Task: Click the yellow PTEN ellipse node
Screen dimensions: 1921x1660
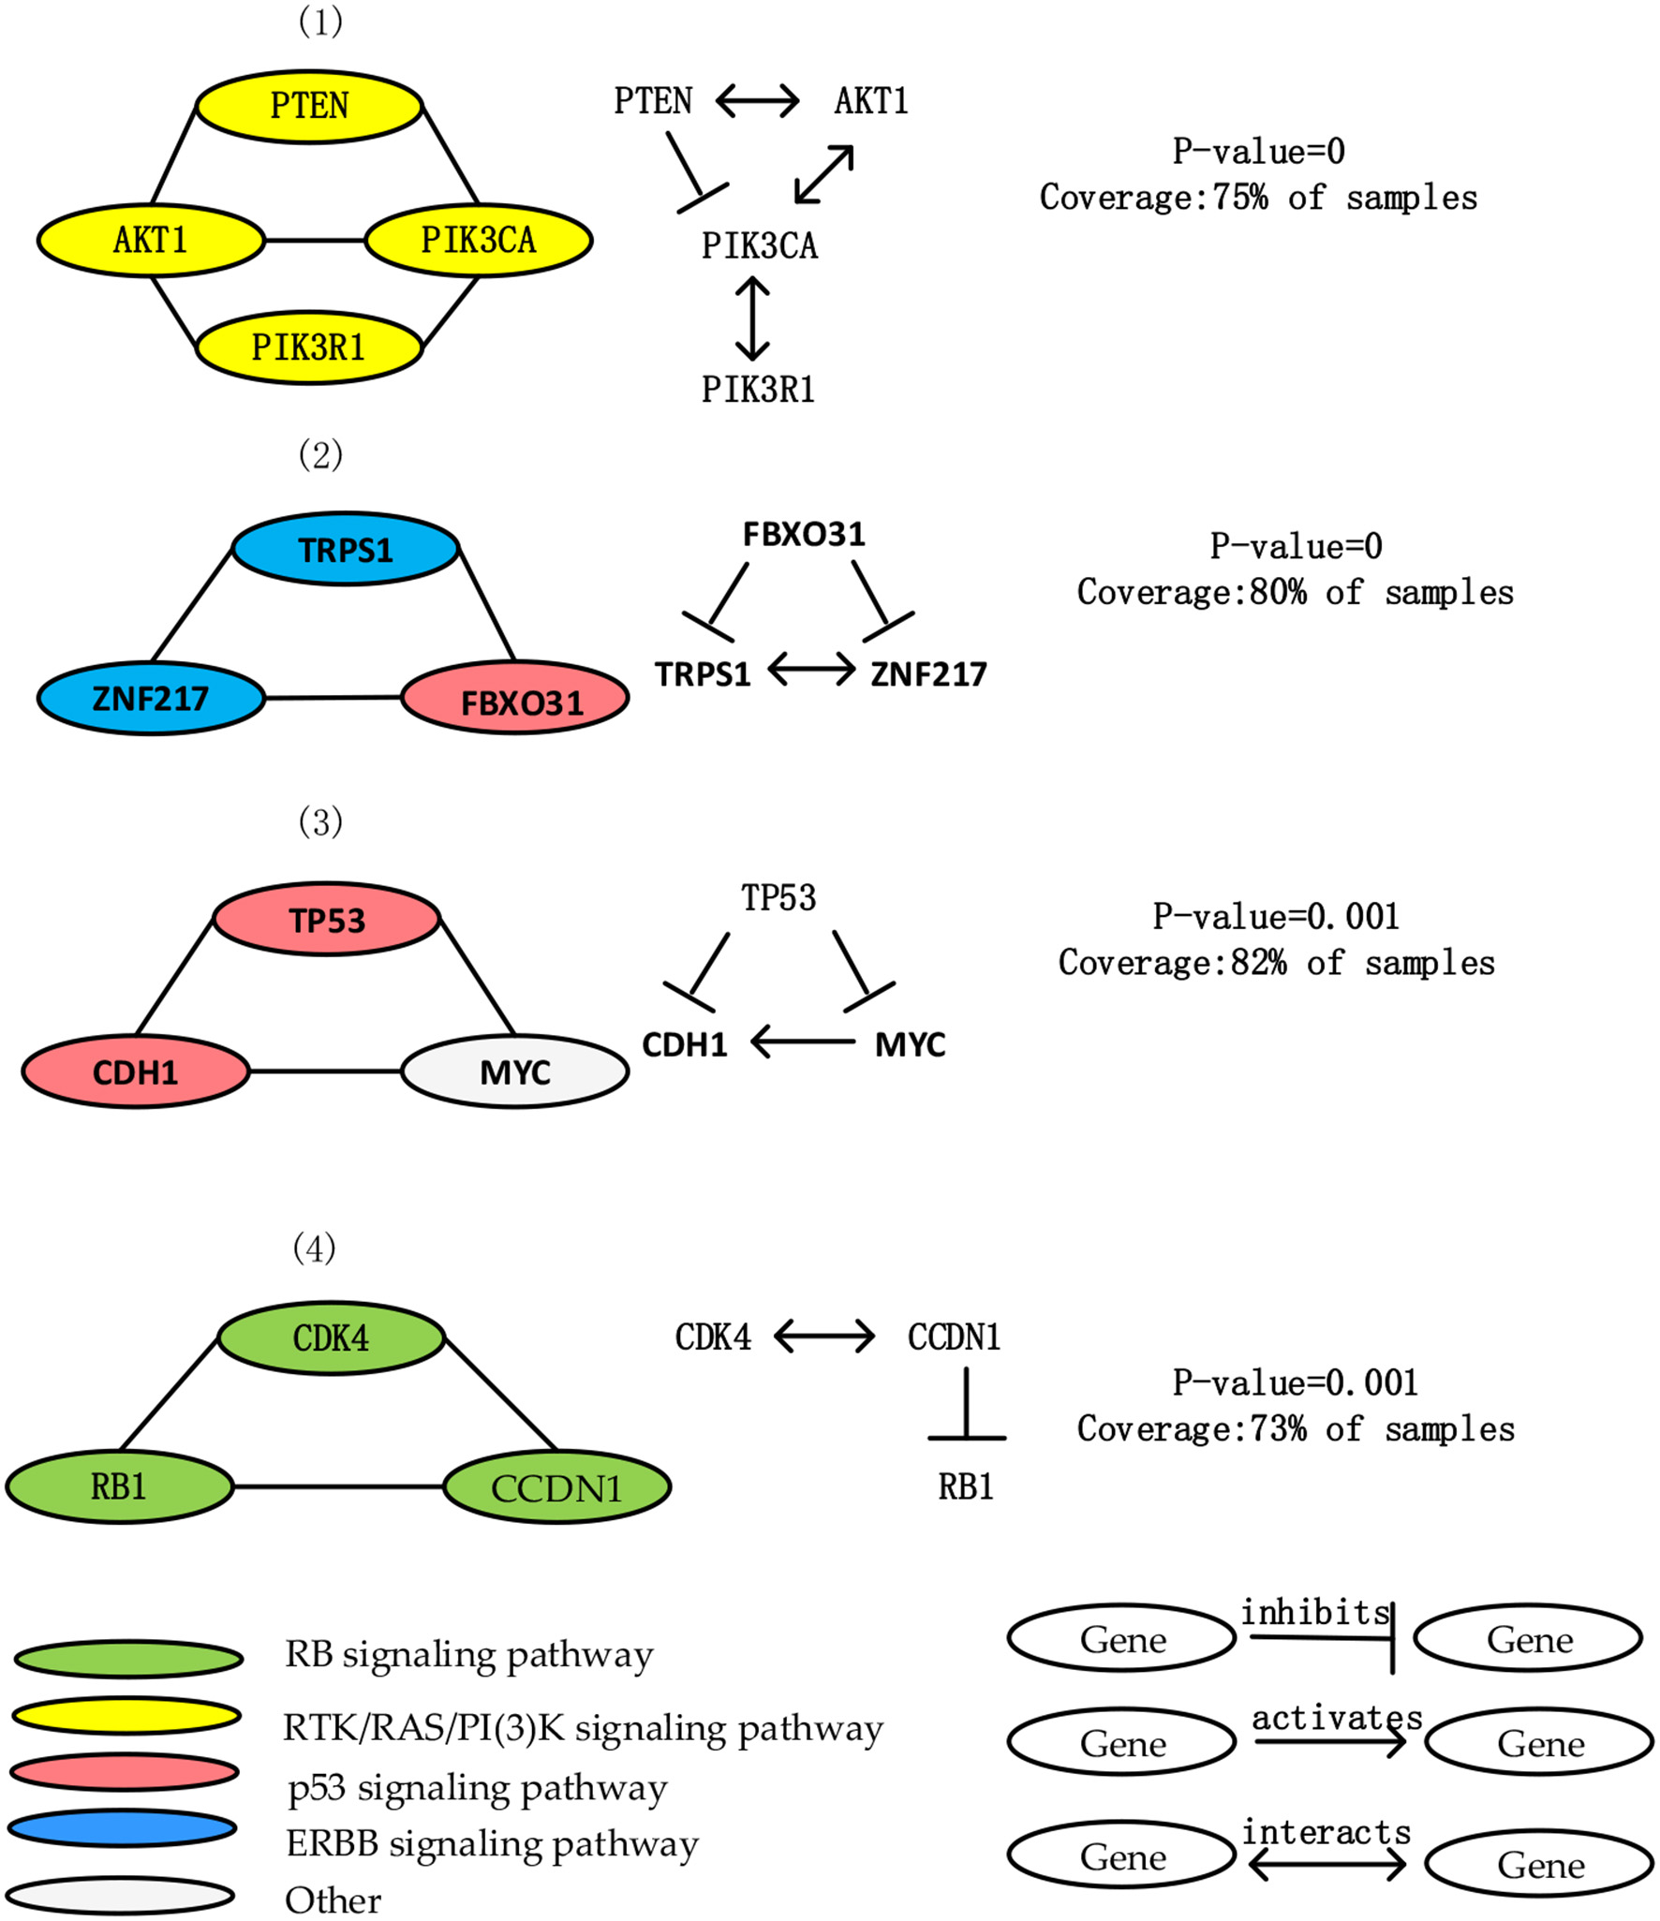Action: point(309,106)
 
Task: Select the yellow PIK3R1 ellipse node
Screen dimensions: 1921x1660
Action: point(309,347)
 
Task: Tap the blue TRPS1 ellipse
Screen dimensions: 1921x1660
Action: point(346,549)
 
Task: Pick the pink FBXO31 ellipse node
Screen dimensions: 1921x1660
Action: point(514,698)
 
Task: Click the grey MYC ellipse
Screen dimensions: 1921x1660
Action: point(514,1071)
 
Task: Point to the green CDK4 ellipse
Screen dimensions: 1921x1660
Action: point(331,1337)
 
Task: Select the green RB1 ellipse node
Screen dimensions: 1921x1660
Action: point(119,1486)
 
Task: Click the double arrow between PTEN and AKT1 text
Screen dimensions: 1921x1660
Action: point(757,100)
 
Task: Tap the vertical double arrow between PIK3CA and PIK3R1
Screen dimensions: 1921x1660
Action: point(752,318)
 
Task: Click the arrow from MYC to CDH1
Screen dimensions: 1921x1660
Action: point(803,1042)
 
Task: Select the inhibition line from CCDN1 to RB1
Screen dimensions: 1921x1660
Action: point(966,1405)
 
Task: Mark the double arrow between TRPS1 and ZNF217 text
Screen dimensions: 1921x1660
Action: point(811,670)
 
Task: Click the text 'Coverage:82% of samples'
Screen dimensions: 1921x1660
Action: point(1276,963)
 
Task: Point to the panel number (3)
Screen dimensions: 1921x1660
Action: point(320,821)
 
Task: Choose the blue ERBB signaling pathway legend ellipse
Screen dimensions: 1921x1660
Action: point(122,1827)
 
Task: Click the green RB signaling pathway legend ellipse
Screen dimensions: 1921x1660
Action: point(128,1659)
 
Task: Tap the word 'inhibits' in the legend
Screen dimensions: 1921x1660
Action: point(1314,1612)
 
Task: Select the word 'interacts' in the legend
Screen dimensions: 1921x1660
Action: point(1326,1831)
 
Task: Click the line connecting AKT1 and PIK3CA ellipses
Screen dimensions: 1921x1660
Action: point(315,241)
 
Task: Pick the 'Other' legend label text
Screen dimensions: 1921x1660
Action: point(333,1900)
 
